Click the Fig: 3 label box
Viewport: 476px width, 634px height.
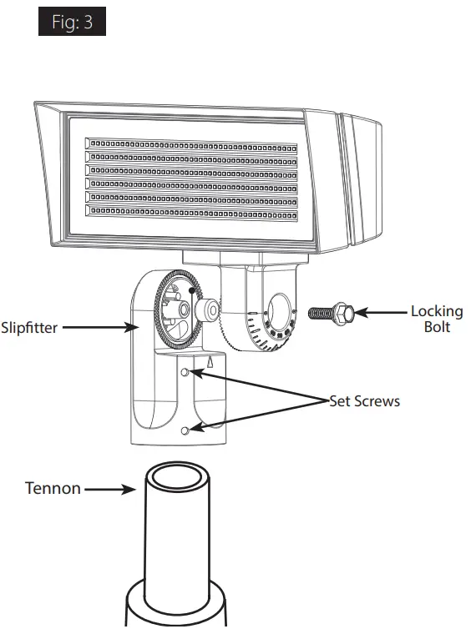(x=72, y=23)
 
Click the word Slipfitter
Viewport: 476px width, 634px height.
(x=29, y=328)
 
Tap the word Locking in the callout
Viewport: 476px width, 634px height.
(x=436, y=312)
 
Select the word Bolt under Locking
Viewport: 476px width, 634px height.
(x=436, y=327)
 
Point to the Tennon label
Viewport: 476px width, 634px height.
(x=53, y=488)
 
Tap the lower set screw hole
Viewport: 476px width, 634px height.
(x=185, y=430)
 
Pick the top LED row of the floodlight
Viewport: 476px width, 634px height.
(x=191, y=147)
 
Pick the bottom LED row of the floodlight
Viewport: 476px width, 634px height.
(x=191, y=210)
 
